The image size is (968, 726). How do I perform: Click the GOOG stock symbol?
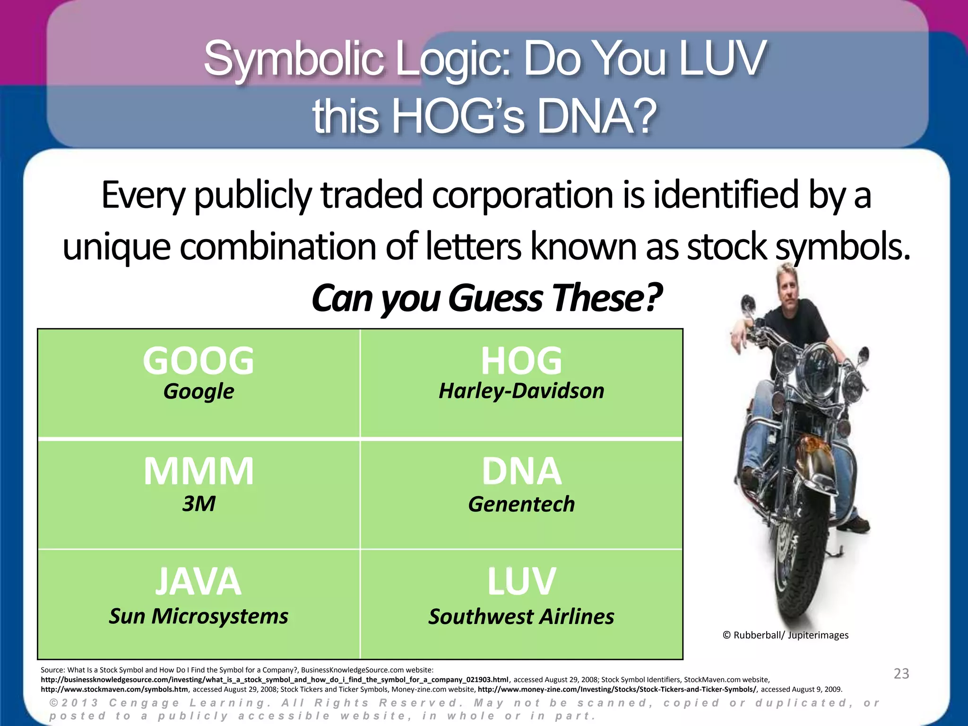point(199,361)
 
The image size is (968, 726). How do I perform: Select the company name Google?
point(199,391)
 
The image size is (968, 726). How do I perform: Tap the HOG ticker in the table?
point(521,361)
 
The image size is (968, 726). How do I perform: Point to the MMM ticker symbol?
point(199,471)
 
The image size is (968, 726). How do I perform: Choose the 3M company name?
point(199,504)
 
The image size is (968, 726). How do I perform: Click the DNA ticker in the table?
point(521,471)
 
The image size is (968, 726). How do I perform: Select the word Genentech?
point(521,504)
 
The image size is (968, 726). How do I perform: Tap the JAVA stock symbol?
point(199,582)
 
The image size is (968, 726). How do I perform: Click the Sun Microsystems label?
point(199,616)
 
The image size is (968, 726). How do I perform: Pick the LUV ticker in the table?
point(521,582)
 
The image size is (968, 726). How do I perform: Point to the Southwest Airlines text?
point(521,617)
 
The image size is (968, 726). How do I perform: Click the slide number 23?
point(901,674)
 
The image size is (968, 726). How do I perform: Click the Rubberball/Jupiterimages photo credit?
point(786,635)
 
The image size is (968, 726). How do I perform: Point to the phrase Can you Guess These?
point(487,298)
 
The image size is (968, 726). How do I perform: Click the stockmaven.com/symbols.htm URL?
point(114,689)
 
